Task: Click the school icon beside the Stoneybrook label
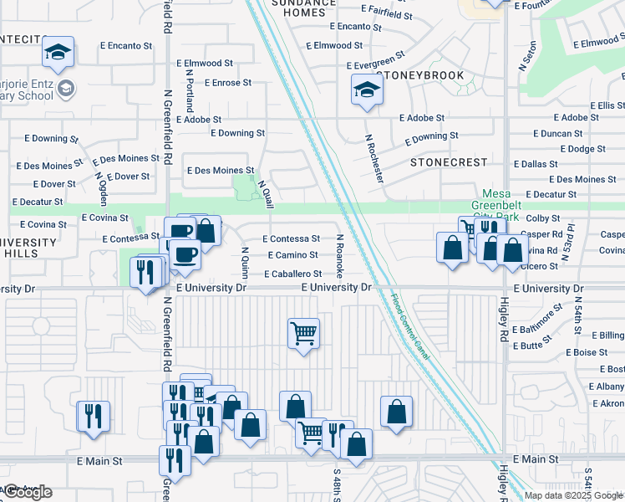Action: (367, 89)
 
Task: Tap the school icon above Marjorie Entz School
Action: (58, 52)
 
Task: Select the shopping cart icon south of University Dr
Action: (302, 332)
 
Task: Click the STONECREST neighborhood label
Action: (449, 161)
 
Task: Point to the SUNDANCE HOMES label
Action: (297, 8)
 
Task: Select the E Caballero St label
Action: (292, 274)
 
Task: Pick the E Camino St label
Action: (292, 255)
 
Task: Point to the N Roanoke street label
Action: (340, 256)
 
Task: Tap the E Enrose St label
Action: (221, 83)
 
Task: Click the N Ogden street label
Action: (102, 193)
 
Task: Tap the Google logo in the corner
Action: (27, 492)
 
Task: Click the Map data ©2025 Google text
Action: (573, 495)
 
